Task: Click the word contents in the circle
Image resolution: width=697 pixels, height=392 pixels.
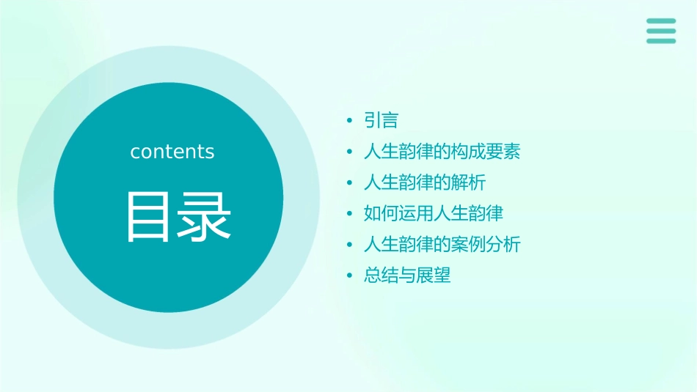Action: pos(172,152)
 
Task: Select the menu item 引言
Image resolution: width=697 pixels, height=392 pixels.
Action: pos(381,120)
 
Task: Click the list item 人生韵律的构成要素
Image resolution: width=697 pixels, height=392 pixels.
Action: pos(442,152)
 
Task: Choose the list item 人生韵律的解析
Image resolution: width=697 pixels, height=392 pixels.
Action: pos(424,182)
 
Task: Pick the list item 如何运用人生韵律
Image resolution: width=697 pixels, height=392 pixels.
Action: pos(433,213)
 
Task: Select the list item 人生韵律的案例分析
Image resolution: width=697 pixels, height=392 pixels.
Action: pos(442,244)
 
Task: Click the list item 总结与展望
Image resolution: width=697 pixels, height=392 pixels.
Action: pos(407,275)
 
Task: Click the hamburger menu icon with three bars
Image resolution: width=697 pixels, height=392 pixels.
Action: pos(661,31)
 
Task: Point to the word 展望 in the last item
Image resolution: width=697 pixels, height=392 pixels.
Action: pos(434,275)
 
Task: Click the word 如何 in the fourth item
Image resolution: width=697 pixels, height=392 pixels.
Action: pos(381,213)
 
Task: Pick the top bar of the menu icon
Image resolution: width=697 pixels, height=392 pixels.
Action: pos(661,21)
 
